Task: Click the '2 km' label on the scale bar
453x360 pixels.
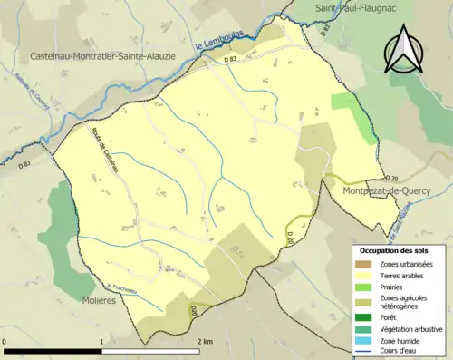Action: click(205, 341)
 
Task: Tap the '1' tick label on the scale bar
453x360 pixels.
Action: click(101, 341)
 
